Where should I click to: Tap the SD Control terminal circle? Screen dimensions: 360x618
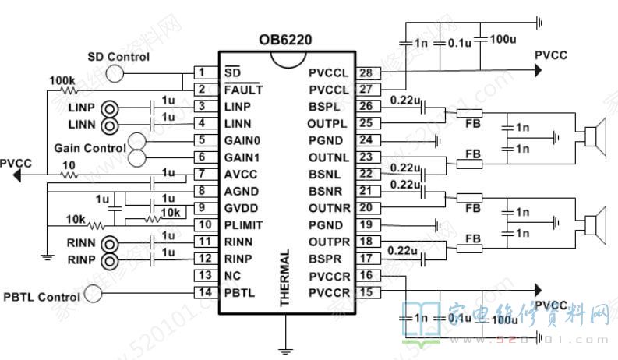115,73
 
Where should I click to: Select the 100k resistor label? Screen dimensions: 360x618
62,80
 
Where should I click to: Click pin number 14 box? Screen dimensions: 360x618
201,292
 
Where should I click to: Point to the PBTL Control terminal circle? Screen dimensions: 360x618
94,294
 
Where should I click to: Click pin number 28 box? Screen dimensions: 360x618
366,72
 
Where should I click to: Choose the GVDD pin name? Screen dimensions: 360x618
238,208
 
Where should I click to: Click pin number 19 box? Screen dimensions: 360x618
366,225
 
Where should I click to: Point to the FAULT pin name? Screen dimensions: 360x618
242,90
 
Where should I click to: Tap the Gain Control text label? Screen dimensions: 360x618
90,148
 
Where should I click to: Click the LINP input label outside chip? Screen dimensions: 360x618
80,107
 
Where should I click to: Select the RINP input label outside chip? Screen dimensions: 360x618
81,259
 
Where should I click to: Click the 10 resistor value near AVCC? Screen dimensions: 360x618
69,165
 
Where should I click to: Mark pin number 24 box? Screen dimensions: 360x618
366,140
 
